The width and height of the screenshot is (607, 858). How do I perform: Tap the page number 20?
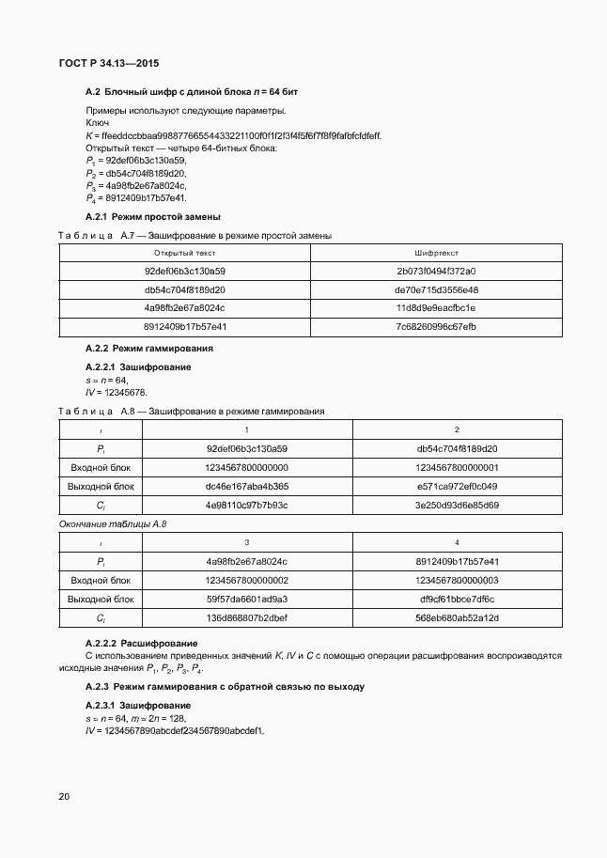(x=64, y=796)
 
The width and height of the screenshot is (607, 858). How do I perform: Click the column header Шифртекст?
(x=436, y=253)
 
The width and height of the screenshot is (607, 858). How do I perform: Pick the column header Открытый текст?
(x=185, y=253)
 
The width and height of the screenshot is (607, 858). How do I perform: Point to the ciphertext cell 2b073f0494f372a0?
(x=436, y=272)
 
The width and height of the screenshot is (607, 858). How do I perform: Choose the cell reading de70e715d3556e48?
(x=436, y=289)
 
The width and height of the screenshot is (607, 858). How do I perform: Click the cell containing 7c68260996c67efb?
(x=436, y=326)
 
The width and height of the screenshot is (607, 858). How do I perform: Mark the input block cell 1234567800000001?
(x=457, y=467)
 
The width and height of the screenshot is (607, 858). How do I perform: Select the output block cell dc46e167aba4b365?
(x=246, y=486)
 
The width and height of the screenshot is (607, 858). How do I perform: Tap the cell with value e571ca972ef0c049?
(x=457, y=486)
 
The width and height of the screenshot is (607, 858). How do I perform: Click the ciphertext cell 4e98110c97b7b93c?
(x=246, y=505)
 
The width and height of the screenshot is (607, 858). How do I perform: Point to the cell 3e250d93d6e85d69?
(x=457, y=505)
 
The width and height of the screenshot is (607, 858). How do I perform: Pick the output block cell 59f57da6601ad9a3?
(x=246, y=599)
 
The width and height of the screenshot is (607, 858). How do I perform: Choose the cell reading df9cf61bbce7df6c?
(x=457, y=599)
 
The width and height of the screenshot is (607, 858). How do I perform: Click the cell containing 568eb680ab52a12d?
(x=457, y=617)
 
